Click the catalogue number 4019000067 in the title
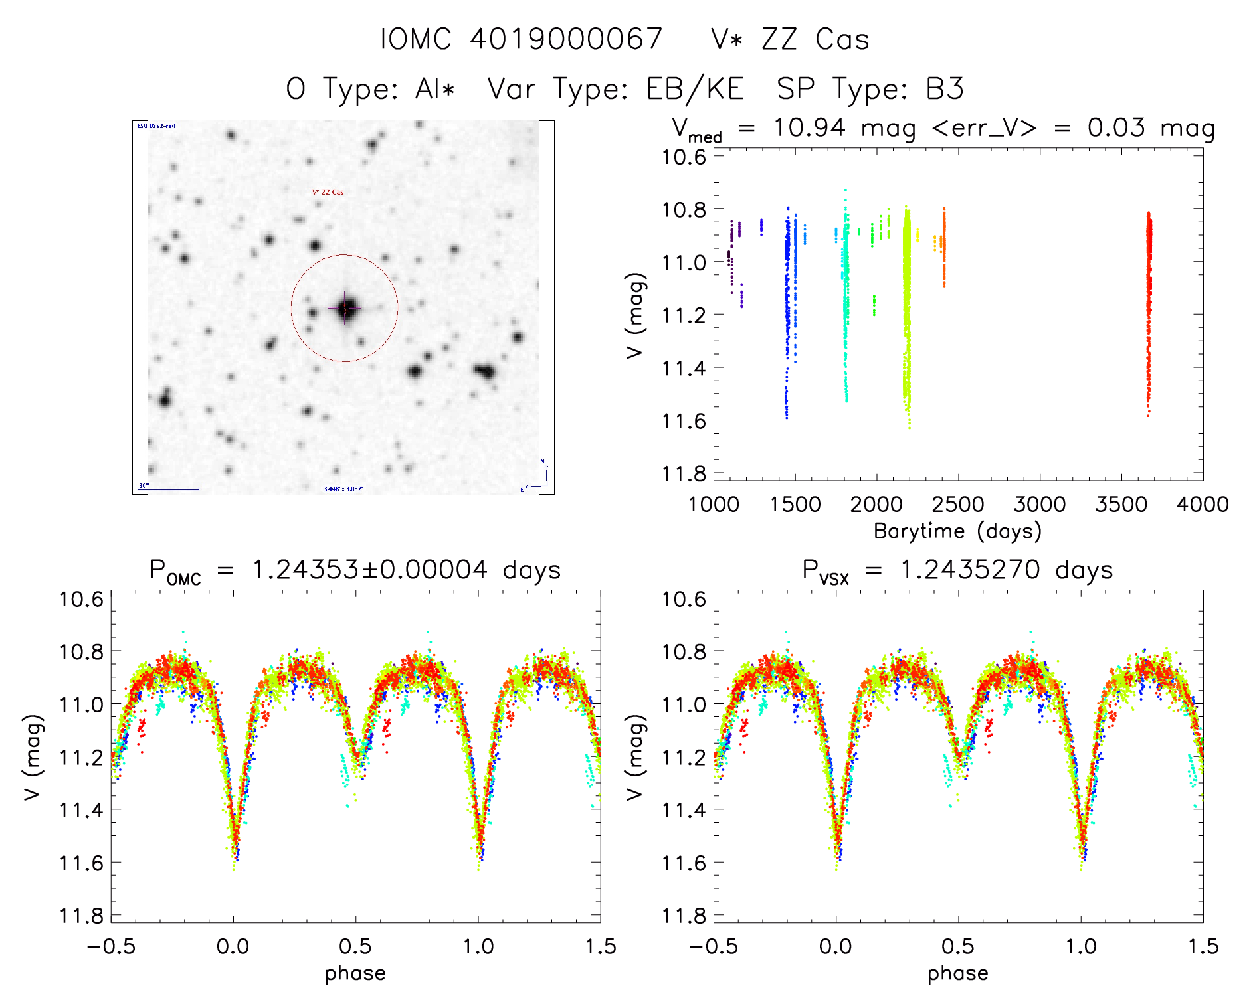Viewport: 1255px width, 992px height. tap(566, 39)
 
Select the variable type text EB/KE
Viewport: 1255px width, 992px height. tap(694, 89)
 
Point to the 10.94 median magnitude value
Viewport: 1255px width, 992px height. tap(809, 127)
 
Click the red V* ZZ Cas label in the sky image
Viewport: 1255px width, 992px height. tap(328, 193)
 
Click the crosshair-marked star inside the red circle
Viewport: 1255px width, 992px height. tap(345, 308)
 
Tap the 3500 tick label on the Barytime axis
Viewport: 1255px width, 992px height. tap(1121, 505)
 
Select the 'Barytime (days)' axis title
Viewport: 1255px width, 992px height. tap(957, 531)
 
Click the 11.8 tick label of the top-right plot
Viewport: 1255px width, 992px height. tap(684, 473)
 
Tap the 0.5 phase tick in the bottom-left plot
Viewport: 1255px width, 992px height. tap(355, 946)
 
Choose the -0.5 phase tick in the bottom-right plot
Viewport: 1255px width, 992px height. tap(713, 946)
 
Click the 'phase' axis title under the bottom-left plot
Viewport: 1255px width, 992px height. tap(355, 973)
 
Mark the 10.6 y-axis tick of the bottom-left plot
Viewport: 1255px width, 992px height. tap(82, 600)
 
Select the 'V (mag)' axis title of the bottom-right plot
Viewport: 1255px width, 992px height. tap(636, 757)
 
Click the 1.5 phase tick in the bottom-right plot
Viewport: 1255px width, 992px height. tap(1203, 946)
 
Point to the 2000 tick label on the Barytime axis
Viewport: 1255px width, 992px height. tap(876, 505)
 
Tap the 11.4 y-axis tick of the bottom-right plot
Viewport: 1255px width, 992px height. tap(684, 810)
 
